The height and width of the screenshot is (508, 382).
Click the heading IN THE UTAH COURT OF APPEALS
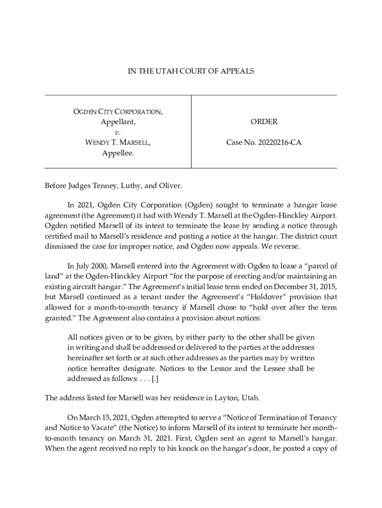191,71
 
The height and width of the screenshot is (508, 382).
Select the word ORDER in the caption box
263,122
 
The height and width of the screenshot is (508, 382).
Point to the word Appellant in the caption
118,122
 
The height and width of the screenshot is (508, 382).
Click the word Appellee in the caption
118,153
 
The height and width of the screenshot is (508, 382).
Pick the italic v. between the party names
118,132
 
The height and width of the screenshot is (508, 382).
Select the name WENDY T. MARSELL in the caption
118,143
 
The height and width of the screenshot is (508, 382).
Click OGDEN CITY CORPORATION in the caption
118,112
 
